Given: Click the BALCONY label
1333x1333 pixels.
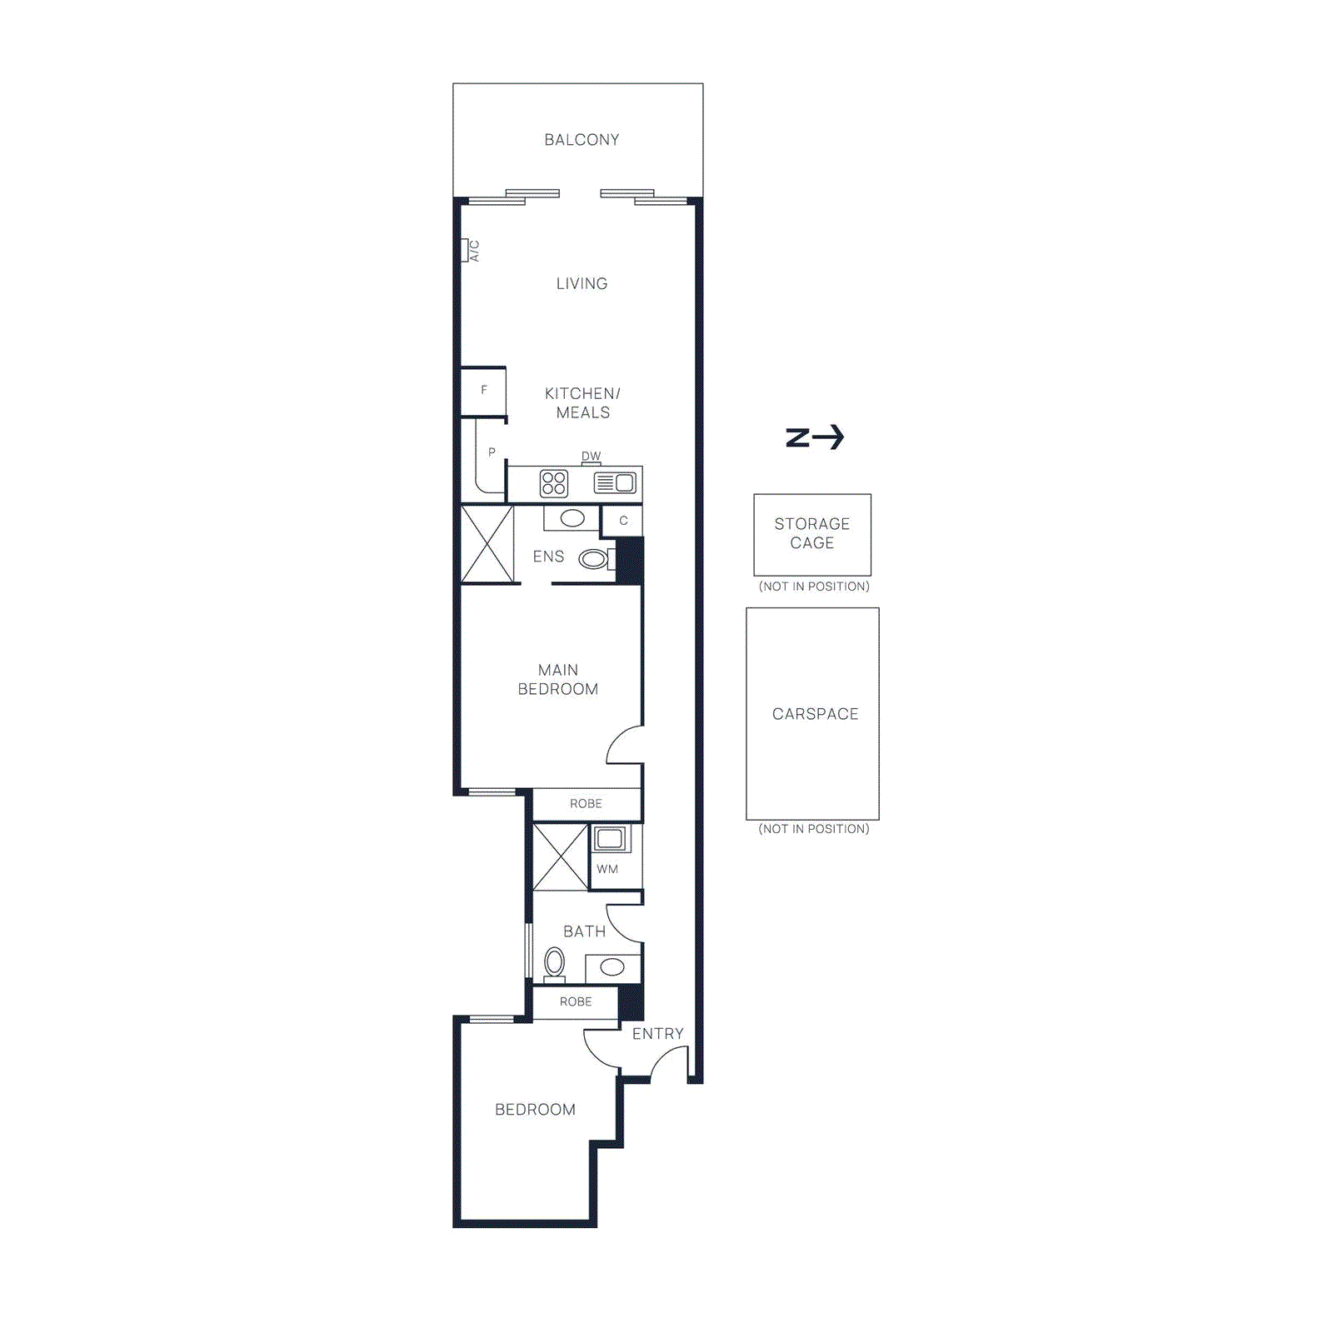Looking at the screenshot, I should pyautogui.click(x=582, y=140).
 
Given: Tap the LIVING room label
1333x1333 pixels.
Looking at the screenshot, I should pyautogui.click(x=582, y=284).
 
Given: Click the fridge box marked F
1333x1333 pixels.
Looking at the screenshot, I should pyautogui.click(x=484, y=391).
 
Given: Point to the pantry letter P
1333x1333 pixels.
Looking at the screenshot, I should pyautogui.click(x=492, y=452).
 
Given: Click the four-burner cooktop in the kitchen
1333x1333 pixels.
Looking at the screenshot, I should pyautogui.click(x=554, y=483).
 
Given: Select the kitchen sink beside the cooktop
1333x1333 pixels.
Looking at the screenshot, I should pyautogui.click(x=615, y=483).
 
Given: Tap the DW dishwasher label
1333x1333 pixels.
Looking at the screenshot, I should pyautogui.click(x=591, y=457).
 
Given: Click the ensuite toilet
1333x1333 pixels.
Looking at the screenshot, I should pyautogui.click(x=595, y=559).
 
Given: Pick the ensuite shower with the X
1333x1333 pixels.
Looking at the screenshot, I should pyautogui.click(x=487, y=544).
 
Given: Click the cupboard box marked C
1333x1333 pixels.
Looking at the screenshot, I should pyautogui.click(x=623, y=521).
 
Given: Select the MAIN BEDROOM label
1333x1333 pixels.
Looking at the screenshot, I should pyautogui.click(x=557, y=680).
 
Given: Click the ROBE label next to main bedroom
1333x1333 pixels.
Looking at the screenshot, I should pyautogui.click(x=586, y=804).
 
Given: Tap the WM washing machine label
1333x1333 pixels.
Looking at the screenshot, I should pyautogui.click(x=607, y=869).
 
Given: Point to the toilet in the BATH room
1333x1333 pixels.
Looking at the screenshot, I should pyautogui.click(x=554, y=964).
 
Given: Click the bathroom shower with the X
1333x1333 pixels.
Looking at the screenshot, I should pyautogui.click(x=561, y=856).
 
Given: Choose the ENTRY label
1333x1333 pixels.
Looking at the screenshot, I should pyautogui.click(x=657, y=1034).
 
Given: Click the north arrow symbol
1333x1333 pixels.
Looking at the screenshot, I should pyautogui.click(x=815, y=437).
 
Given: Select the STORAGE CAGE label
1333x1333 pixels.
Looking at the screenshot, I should pyautogui.click(x=812, y=533).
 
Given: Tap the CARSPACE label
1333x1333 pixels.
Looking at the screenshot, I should pyautogui.click(x=815, y=714).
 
